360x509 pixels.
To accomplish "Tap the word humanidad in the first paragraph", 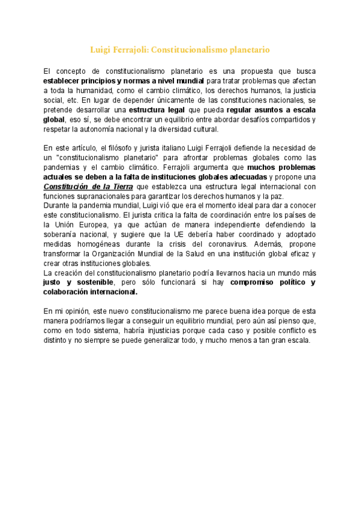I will tap(92, 91).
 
